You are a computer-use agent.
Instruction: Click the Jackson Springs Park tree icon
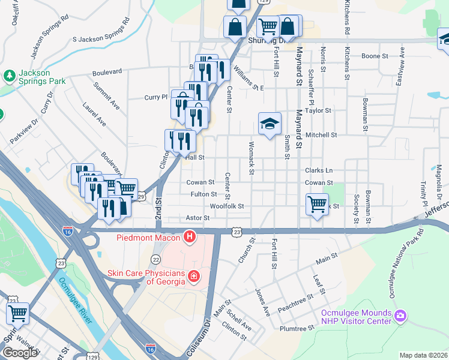[x=9, y=75]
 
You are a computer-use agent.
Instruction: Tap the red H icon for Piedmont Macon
[x=190, y=238]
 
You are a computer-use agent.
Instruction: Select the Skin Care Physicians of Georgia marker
[x=194, y=276]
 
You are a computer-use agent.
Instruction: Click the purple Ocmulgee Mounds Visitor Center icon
[x=400, y=315]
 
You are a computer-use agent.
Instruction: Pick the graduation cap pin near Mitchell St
[x=270, y=124]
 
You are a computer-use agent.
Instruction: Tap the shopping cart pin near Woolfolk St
[x=317, y=204]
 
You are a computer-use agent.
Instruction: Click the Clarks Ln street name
[x=318, y=170]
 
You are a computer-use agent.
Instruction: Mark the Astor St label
[x=197, y=218]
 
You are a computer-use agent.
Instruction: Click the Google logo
[x=20, y=353]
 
